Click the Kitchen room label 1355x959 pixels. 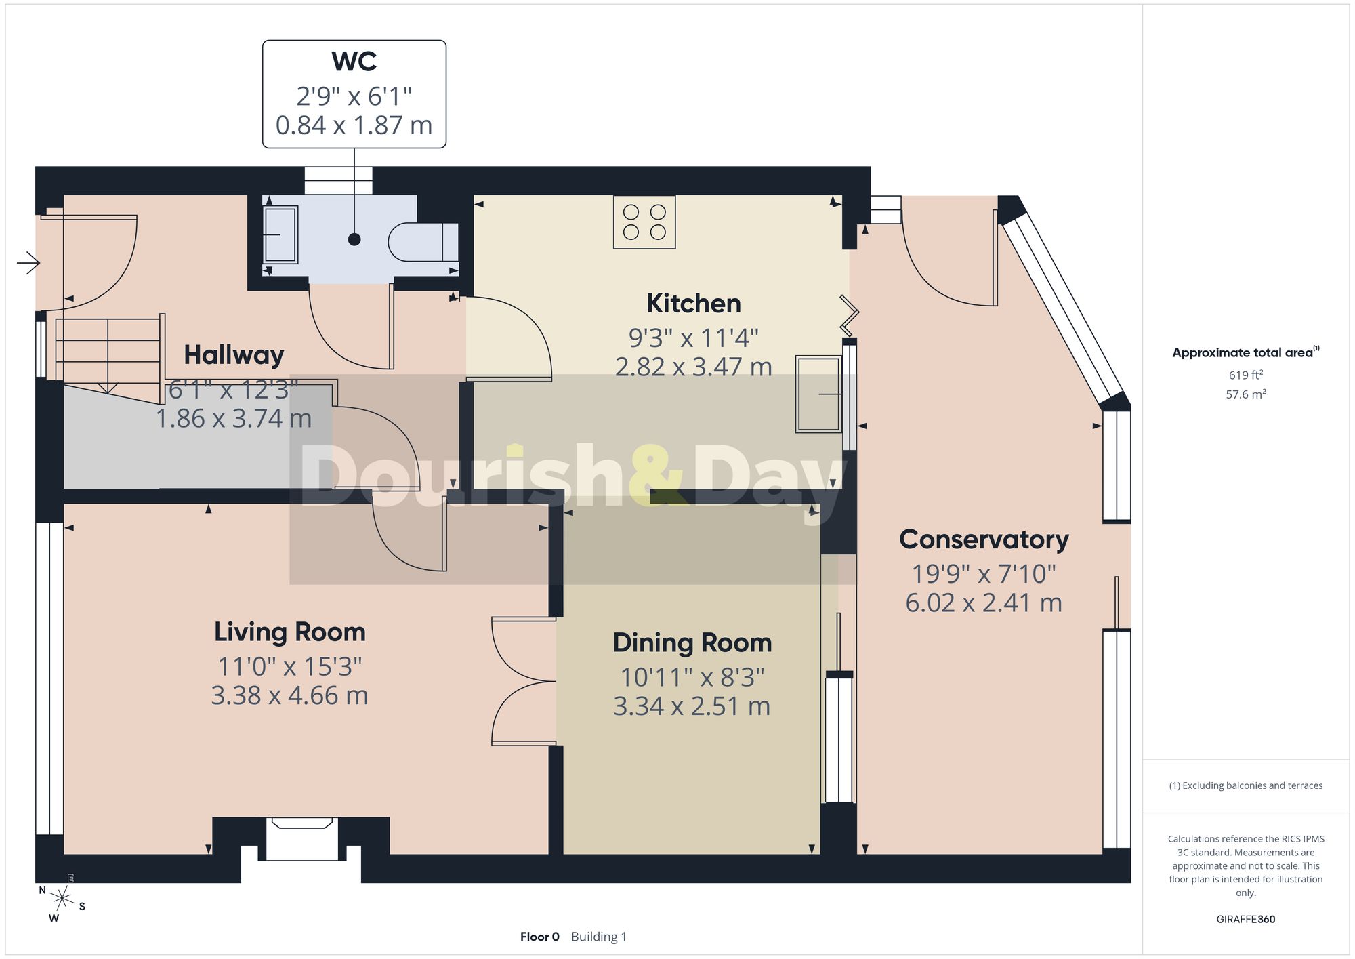tap(694, 303)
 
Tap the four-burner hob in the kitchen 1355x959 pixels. tap(644, 222)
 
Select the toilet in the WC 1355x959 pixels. tap(423, 242)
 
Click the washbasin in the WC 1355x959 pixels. tap(280, 234)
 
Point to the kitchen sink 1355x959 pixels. tap(819, 394)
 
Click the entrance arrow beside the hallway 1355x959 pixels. tap(28, 262)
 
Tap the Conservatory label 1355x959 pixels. tap(984, 539)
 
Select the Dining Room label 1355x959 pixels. tap(692, 642)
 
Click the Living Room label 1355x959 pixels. tap(290, 632)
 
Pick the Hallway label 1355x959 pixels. tap(234, 355)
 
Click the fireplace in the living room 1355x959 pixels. tap(302, 839)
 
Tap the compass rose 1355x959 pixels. tap(62, 899)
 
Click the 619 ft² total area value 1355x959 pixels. tap(1246, 375)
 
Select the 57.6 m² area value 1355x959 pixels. tap(1246, 394)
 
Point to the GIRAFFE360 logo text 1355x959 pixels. tap(1246, 919)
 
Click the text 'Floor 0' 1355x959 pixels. tap(540, 937)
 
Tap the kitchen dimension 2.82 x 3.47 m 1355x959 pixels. tap(694, 367)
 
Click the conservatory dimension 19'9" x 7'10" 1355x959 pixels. tap(984, 574)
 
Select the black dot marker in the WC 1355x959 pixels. tap(354, 239)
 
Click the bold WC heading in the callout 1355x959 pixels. tap(354, 62)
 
